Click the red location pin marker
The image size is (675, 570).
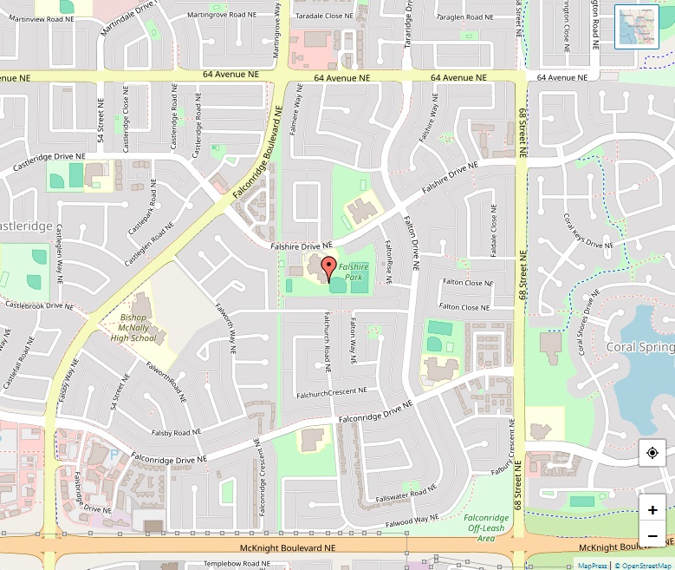328,267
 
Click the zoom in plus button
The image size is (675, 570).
652,510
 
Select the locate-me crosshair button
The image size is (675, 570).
652,453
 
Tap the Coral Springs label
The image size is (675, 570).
640,347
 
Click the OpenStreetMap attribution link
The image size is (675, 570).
642,565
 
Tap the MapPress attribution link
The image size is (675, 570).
593,565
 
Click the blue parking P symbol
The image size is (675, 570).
114,453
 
